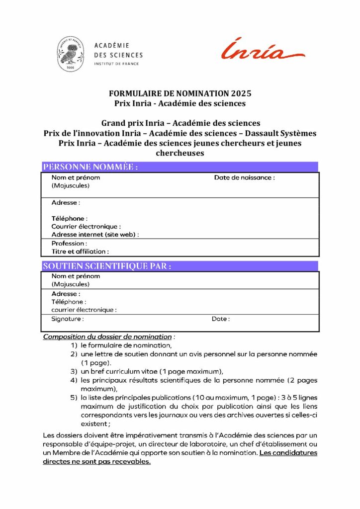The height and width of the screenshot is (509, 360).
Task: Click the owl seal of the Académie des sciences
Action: (x=70, y=54)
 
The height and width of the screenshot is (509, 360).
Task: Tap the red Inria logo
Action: (x=263, y=50)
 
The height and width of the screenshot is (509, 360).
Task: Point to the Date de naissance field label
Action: (x=244, y=177)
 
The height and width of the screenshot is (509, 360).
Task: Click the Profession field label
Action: (x=69, y=244)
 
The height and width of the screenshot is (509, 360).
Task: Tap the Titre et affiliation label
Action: (x=80, y=252)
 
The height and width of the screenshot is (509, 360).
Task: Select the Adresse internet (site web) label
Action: (x=95, y=235)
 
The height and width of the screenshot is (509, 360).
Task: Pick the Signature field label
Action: (x=68, y=319)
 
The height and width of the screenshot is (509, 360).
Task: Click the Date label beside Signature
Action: (x=221, y=319)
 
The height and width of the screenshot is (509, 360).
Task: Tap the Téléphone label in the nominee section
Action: (x=70, y=218)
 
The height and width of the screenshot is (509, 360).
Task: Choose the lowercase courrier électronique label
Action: (x=84, y=310)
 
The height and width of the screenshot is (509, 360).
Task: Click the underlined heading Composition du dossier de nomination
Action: (x=107, y=337)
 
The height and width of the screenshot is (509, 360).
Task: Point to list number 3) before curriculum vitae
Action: (x=74, y=371)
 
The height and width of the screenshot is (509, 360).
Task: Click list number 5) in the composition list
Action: (x=74, y=398)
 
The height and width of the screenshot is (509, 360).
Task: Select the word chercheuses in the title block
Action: (x=180, y=153)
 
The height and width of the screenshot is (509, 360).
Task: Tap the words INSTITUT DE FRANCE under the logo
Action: (x=116, y=64)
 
